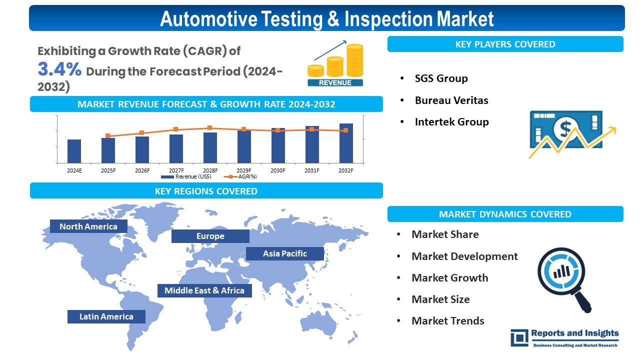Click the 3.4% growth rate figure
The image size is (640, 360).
tap(59, 69)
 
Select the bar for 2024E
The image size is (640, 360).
tap(74, 151)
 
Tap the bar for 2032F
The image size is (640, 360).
tap(346, 143)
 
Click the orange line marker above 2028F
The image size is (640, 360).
tap(210, 128)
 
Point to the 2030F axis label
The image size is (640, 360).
tap(278, 170)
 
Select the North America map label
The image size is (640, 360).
tap(88, 226)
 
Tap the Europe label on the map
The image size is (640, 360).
tap(210, 236)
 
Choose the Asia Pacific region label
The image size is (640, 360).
tap(285, 253)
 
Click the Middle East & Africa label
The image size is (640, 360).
tap(204, 290)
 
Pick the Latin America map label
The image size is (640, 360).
tap(106, 316)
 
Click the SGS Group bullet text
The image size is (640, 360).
tap(441, 78)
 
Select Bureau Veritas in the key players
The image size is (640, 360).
tap(451, 100)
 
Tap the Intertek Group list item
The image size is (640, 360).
tap(451, 122)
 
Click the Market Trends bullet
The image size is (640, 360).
tap(447, 321)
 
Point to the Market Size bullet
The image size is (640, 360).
tap(440, 299)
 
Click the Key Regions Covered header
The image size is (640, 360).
tap(206, 191)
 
